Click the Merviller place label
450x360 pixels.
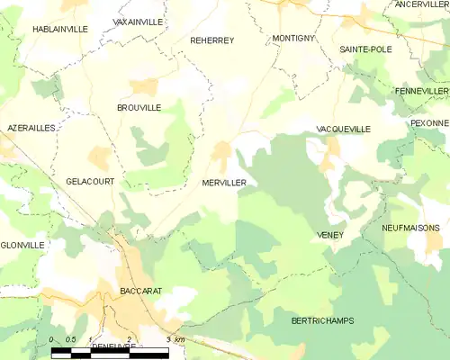(224, 182)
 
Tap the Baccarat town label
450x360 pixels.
(139, 292)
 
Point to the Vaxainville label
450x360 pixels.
(138, 20)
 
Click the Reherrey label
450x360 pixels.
(212, 40)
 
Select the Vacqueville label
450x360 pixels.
(344, 130)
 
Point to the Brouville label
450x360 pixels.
(139, 107)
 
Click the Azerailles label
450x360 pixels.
(31, 129)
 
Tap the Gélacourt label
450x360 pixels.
(90, 181)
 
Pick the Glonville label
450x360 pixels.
(22, 245)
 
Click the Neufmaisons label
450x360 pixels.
(413, 229)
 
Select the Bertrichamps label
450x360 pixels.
(323, 320)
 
